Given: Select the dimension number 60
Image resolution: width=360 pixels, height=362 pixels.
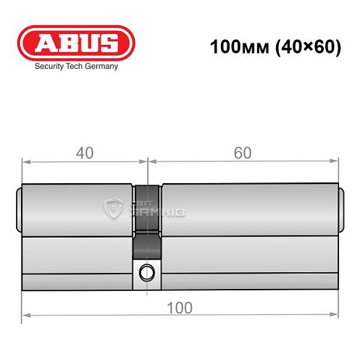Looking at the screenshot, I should (x=243, y=153).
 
